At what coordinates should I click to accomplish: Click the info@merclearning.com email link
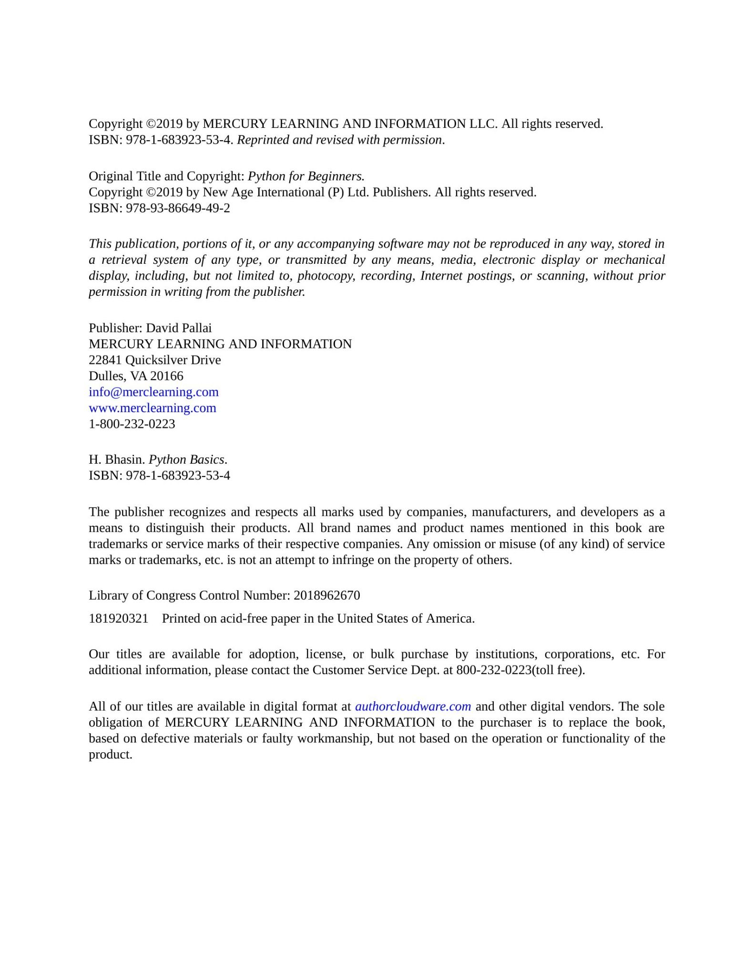click(153, 392)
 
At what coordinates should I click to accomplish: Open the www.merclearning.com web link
click(153, 408)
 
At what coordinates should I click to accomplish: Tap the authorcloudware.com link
click(413, 707)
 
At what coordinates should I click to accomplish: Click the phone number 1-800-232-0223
click(132, 424)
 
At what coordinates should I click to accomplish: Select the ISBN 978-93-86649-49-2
click(178, 208)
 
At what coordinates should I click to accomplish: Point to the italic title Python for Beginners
click(306, 177)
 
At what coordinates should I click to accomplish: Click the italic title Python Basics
click(186, 460)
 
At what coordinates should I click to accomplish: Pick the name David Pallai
click(179, 328)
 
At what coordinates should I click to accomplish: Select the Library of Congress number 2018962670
click(327, 596)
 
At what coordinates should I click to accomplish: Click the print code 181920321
click(119, 619)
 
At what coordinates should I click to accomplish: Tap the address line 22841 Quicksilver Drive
click(155, 360)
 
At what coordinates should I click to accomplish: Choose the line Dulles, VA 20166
click(136, 376)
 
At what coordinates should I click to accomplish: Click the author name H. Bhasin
click(117, 460)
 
